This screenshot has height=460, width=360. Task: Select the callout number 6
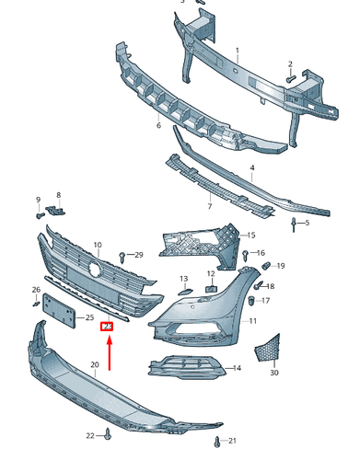pyautogui.click(x=158, y=125)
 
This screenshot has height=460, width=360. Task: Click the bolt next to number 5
pyautogui.click(x=293, y=224)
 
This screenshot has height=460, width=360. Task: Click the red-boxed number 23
pyautogui.click(x=107, y=325)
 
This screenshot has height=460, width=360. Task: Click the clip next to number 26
pyautogui.click(x=37, y=302)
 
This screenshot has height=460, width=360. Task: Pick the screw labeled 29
pyautogui.click(x=122, y=253)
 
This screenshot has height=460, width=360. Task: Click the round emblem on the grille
pyautogui.click(x=94, y=270)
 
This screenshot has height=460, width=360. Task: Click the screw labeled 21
pyautogui.click(x=216, y=441)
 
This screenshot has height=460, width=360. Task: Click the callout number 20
pyautogui.click(x=94, y=365)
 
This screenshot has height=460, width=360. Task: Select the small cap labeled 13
pyautogui.click(x=184, y=290)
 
